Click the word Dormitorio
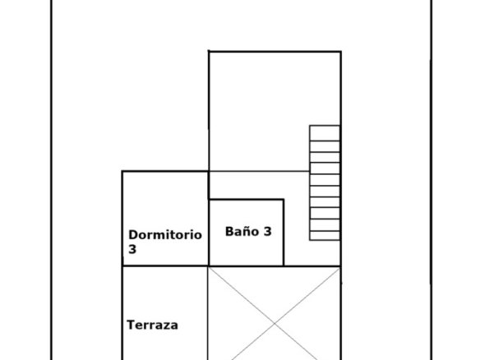[165, 235]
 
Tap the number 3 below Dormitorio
[132, 249]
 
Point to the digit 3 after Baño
[267, 232]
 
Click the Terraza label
[152, 325]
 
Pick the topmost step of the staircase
[325, 133]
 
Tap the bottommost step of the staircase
[325, 236]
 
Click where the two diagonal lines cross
[275, 323]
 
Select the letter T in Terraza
[131, 325]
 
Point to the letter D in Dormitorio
[133, 235]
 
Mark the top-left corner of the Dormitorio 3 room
[122, 172]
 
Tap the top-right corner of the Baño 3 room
[284, 200]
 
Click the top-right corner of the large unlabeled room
[341, 52]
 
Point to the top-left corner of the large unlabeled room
[209, 52]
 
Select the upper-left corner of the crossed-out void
[208, 267]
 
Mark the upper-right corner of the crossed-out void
[340, 267]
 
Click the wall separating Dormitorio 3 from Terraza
[165, 266]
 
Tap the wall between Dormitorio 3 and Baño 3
[209, 219]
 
